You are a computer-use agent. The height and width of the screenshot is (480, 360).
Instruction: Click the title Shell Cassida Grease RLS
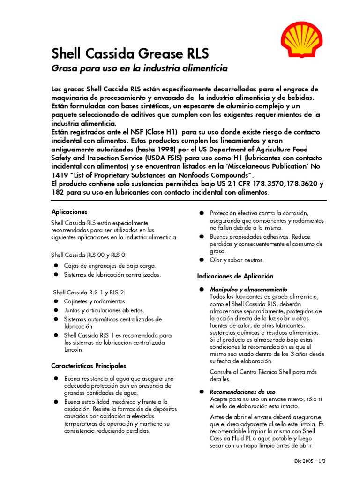point(129,52)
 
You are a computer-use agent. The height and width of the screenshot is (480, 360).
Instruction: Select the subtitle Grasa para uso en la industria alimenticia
point(139,69)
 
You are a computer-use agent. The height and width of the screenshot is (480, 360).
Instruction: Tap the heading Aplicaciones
point(69,212)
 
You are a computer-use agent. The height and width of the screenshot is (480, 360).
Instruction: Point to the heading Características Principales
point(88,366)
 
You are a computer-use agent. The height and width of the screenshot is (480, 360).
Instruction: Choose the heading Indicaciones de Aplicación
point(235,276)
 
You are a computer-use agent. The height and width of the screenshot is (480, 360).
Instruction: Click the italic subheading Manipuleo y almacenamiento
point(249,289)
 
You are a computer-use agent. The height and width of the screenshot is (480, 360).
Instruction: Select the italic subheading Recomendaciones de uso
point(242,391)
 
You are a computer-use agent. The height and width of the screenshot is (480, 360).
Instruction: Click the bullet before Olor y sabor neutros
point(201,260)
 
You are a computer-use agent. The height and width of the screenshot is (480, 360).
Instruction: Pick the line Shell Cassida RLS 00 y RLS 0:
point(89,255)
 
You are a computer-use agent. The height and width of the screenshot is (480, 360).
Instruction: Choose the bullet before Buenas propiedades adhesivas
point(201,237)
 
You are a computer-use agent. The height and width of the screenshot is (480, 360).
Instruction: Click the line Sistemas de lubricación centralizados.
point(112,274)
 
